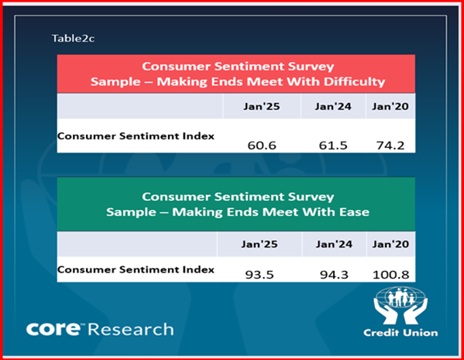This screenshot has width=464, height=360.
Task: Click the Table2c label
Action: pos(73,39)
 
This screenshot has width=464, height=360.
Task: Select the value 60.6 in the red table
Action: pos(262,146)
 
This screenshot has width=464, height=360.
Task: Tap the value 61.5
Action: pos(333,146)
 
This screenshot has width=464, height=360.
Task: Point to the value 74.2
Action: pos(390,146)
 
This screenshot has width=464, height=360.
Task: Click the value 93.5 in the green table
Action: pos(259,275)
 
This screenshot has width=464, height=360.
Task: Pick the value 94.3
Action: pos(334,275)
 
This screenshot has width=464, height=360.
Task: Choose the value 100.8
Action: pos(391,275)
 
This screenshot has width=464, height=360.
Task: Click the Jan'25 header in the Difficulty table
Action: pos(262,106)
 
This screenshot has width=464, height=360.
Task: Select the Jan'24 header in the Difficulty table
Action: pos(333,106)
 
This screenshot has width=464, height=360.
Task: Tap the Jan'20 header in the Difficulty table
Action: pos(390,106)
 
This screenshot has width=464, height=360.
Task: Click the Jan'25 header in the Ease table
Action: pos(259,244)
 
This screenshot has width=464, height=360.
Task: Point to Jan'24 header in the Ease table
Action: pos(334,244)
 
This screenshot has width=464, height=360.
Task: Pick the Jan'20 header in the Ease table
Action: pos(391,244)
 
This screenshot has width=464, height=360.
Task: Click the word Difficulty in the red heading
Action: pos(355,81)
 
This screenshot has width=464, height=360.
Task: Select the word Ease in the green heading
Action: pos(354,212)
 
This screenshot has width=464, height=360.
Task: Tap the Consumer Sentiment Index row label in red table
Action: pos(136,136)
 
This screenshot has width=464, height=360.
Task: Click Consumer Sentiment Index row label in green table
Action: pos(136,269)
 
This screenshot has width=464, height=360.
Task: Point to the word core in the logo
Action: pos(53,329)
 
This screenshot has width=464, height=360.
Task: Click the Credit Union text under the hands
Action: pos(400,333)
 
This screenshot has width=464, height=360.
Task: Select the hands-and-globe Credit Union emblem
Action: pos(400,305)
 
